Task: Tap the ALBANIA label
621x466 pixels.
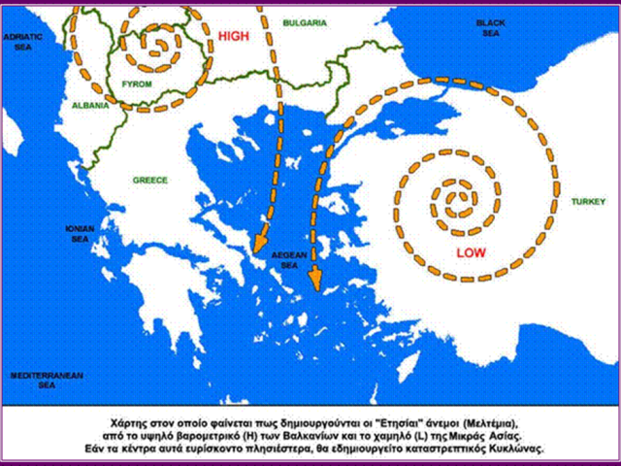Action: click(78, 106)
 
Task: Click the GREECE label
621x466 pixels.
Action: click(149, 181)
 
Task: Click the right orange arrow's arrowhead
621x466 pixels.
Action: click(314, 282)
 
